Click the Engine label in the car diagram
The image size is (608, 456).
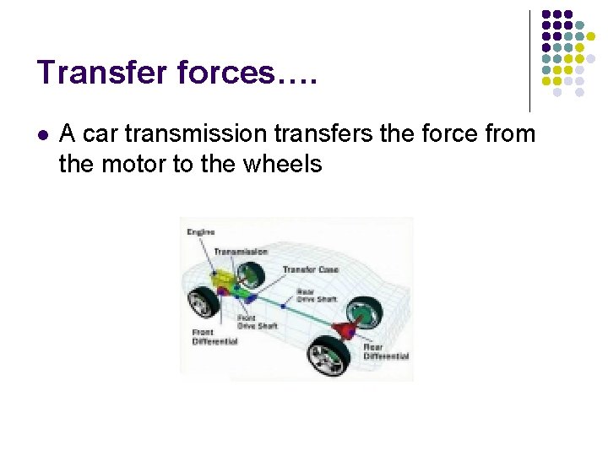click(x=201, y=232)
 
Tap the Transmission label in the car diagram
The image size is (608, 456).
click(x=241, y=252)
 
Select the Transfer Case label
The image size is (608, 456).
click(x=310, y=270)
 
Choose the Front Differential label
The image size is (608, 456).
click(x=214, y=337)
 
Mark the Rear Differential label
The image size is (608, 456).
click(x=386, y=351)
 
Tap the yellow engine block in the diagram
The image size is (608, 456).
click(x=224, y=278)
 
